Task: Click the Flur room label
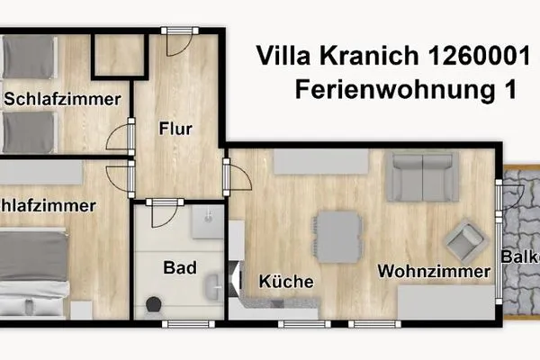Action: click(x=175, y=129)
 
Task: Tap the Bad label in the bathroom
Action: click(x=175, y=268)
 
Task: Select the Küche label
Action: click(x=286, y=282)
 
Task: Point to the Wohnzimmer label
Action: click(x=434, y=271)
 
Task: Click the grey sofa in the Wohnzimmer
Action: click(x=422, y=175)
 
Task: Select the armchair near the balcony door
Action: click(x=465, y=240)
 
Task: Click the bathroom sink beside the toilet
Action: click(x=212, y=286)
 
